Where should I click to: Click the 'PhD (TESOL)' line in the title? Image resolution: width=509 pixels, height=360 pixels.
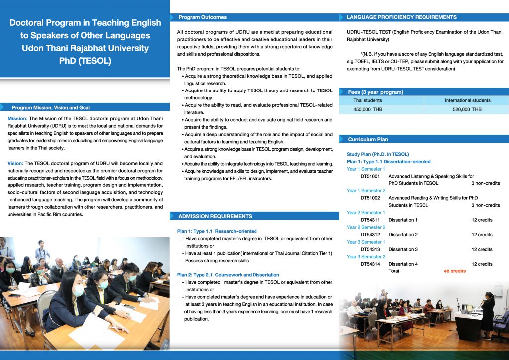(x=85, y=61)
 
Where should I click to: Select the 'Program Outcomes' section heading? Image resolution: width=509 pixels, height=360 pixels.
(x=202, y=17)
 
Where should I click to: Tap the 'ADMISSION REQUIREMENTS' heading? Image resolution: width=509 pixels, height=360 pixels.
(x=215, y=216)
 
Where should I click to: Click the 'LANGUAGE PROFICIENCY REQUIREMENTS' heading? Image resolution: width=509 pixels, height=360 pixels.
(x=402, y=17)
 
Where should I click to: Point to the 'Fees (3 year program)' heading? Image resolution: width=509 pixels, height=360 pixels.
(x=375, y=92)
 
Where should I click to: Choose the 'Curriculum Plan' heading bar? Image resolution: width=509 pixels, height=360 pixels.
(x=368, y=139)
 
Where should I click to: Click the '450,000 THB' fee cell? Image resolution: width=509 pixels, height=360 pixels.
(x=368, y=109)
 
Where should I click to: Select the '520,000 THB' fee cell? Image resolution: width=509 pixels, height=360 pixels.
(x=467, y=109)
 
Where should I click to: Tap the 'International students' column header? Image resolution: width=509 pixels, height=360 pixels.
(x=467, y=100)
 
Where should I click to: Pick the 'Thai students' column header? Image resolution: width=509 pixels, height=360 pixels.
(x=368, y=100)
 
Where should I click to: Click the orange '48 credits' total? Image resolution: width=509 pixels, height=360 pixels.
(x=455, y=271)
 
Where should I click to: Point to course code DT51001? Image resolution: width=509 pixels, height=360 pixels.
(x=370, y=176)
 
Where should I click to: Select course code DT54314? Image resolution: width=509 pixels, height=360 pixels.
(x=370, y=264)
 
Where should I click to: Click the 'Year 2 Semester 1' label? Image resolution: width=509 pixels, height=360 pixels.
(x=366, y=213)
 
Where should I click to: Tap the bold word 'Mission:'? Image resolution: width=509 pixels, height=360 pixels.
(x=18, y=118)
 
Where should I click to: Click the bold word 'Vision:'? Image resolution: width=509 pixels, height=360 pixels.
(x=16, y=163)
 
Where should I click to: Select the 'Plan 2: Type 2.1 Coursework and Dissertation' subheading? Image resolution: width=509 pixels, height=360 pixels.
(x=228, y=275)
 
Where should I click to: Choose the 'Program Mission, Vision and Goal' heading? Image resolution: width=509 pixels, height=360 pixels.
(x=51, y=107)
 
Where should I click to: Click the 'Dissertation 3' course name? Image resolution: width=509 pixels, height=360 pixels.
(x=403, y=249)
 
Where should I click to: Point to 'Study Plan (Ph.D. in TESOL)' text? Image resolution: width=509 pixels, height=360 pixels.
(x=378, y=154)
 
